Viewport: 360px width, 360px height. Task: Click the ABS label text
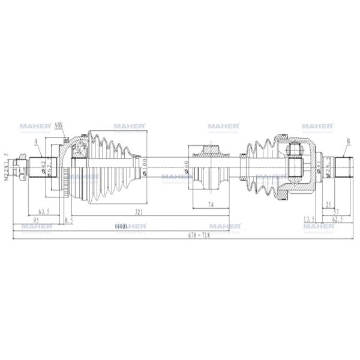[59, 126]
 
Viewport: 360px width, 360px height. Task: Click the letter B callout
[347, 142]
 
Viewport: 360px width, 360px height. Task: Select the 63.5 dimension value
[44, 212]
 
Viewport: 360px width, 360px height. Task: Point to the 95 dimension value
[36, 220]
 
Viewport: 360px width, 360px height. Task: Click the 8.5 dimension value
[68, 220]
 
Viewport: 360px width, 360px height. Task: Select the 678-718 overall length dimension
[180, 235]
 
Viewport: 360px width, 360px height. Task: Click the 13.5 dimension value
[310, 220]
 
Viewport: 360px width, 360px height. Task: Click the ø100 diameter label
[146, 164]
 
